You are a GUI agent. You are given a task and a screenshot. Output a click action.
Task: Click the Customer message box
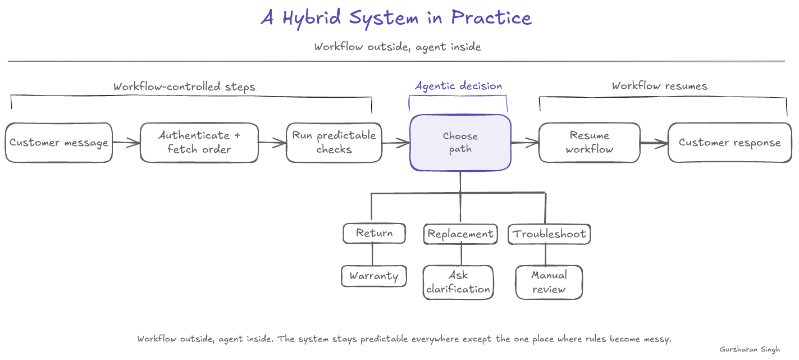(x=59, y=143)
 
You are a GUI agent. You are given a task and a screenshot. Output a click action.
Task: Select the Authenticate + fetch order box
(x=199, y=143)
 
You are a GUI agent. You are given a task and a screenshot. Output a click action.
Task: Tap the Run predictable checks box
(x=334, y=143)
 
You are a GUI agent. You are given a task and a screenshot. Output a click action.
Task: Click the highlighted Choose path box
(x=460, y=143)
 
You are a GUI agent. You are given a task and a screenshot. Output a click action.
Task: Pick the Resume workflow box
(x=589, y=143)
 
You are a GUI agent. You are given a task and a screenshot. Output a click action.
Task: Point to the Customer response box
(x=730, y=143)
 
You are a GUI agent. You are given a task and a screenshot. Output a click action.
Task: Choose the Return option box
(x=374, y=233)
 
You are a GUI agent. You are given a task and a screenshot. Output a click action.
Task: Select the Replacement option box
(x=460, y=234)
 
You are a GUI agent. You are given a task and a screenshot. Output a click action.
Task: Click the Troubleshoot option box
(x=549, y=234)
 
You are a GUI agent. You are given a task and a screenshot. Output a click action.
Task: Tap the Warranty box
(x=374, y=276)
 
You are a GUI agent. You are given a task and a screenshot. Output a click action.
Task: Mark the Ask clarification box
(x=458, y=282)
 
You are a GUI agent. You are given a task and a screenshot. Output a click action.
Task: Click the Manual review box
(x=549, y=282)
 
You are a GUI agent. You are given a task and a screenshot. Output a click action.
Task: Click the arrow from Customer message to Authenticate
(x=126, y=143)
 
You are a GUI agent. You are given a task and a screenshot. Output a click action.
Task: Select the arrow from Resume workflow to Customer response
(x=654, y=143)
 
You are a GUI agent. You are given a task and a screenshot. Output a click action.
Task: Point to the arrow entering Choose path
(x=396, y=143)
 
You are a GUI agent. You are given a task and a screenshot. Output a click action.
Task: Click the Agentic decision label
(x=458, y=86)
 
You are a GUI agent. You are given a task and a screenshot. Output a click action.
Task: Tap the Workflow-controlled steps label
(x=184, y=86)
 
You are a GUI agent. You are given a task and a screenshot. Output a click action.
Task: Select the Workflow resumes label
(x=660, y=86)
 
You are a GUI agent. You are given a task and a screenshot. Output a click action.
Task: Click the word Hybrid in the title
(x=312, y=18)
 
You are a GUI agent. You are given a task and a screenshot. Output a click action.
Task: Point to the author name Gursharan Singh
(x=750, y=349)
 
